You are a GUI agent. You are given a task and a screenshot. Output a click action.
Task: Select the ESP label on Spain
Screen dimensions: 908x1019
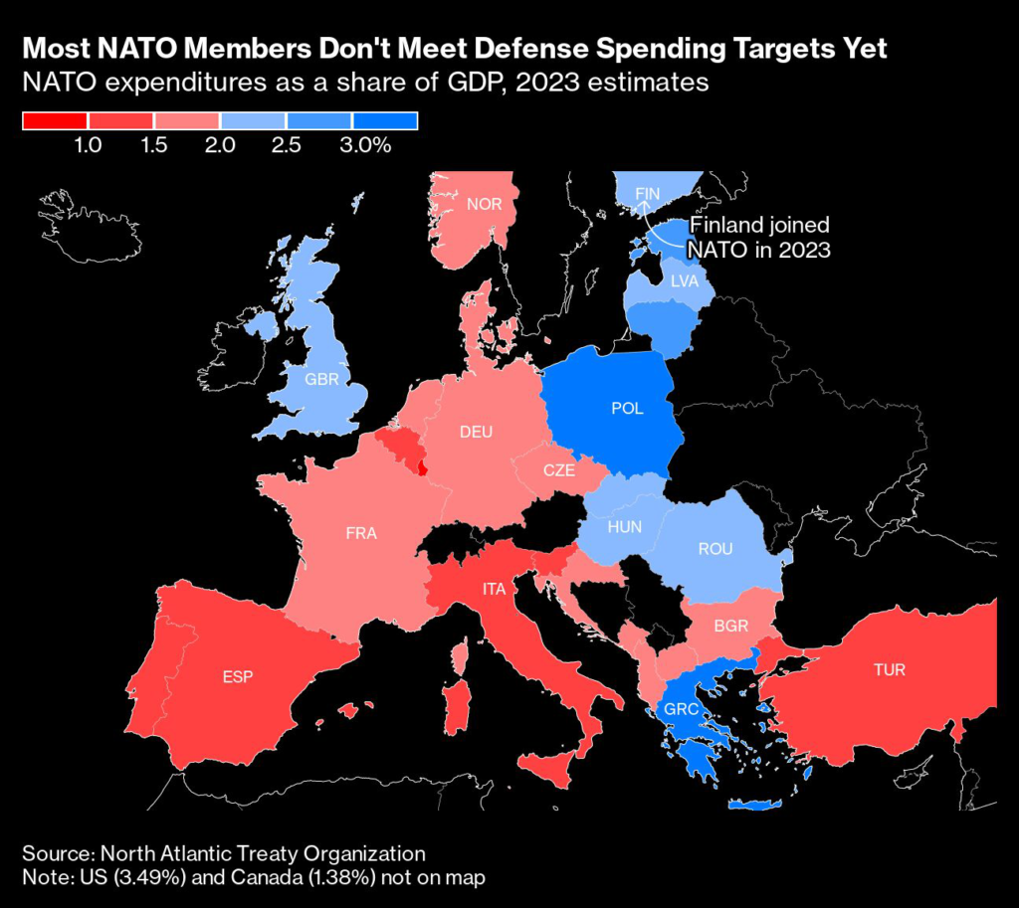(237, 677)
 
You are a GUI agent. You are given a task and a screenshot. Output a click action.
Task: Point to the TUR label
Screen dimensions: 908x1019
(889, 669)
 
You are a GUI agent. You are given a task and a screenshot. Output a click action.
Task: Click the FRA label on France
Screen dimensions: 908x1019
(360, 533)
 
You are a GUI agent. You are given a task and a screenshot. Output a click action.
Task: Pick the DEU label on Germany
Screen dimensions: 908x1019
(476, 432)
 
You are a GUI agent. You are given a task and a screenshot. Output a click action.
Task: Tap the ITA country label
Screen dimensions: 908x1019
(495, 589)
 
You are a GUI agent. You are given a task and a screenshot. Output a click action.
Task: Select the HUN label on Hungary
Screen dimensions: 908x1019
(624, 527)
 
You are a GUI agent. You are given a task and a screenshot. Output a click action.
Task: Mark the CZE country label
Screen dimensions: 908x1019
(558, 470)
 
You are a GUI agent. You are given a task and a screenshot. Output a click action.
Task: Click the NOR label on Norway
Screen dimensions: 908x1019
(484, 205)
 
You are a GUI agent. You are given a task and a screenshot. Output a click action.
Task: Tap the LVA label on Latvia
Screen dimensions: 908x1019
(685, 281)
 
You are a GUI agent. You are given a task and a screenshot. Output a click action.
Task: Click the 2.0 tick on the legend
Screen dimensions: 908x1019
(220, 145)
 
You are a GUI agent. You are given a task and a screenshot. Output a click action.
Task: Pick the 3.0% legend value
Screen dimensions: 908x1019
(366, 145)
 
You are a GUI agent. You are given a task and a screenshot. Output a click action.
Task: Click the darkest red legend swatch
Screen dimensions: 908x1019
(56, 121)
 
